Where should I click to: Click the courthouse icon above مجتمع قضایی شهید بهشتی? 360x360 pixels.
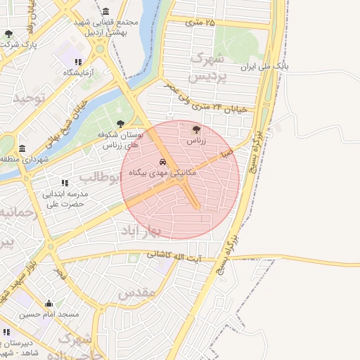coord(105,12)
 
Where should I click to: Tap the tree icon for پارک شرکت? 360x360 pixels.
coord(8,34)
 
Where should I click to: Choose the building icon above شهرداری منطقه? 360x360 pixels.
coord(22,148)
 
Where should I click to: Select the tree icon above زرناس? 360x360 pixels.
coord(196,129)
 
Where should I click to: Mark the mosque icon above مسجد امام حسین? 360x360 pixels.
coord(49,304)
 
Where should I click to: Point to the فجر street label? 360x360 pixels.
coord(61,272)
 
